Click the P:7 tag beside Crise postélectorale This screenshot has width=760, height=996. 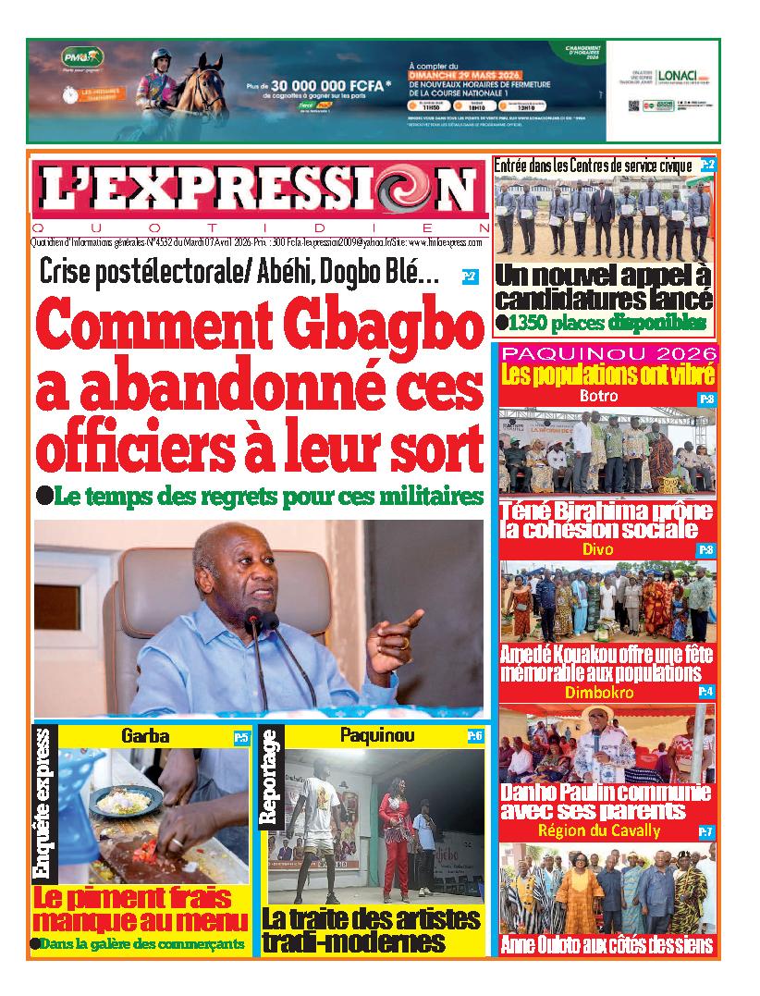(470, 275)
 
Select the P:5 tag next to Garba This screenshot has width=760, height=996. (240, 737)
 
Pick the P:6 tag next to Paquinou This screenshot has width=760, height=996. (474, 736)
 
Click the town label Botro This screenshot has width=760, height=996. (597, 396)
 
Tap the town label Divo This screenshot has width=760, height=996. (597, 549)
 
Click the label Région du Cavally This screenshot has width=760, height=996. (598, 830)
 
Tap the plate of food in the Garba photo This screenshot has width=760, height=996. (123, 800)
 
